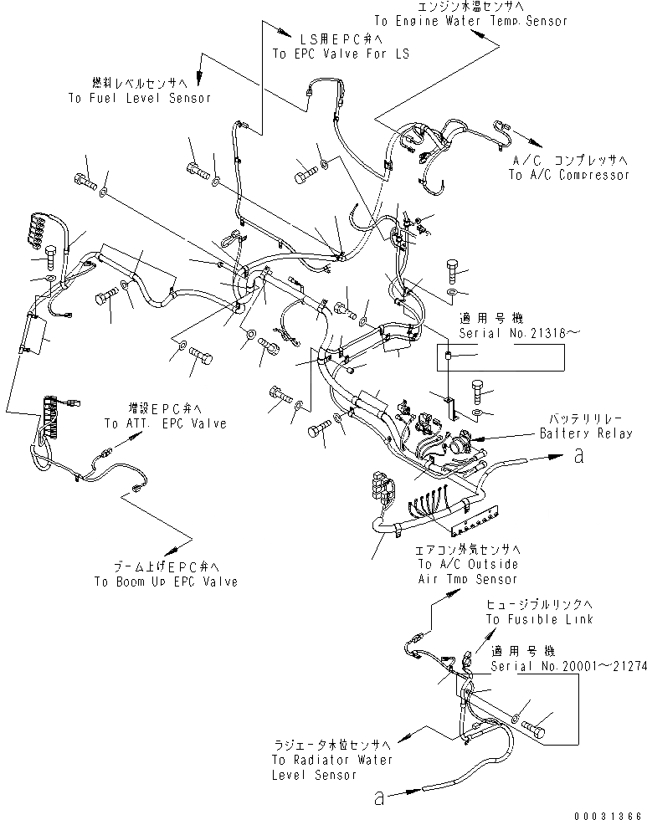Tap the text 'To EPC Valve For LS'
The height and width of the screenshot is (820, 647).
tap(331, 52)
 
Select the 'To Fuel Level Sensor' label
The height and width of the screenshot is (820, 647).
tap(139, 97)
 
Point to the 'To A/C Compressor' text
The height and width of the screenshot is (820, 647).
tap(568, 175)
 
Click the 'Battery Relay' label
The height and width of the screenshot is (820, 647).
tap(586, 433)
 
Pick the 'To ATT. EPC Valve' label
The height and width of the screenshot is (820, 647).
tap(165, 423)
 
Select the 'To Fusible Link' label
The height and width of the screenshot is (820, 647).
tap(539, 618)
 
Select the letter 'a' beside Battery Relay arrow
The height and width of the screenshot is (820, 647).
tap(578, 456)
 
